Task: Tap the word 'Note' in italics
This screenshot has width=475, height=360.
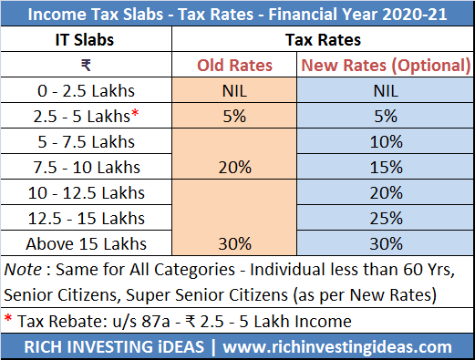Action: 25,270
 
